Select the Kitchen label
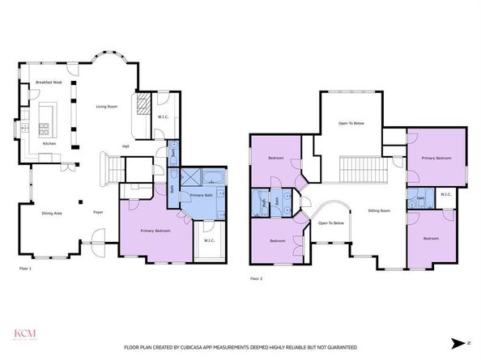49,144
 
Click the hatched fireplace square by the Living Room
143,103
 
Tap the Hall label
126,146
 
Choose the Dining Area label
52,213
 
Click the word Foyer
97,213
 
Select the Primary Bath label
201,195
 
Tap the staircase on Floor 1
111,169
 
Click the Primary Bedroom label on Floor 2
436,159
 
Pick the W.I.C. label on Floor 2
446,194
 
